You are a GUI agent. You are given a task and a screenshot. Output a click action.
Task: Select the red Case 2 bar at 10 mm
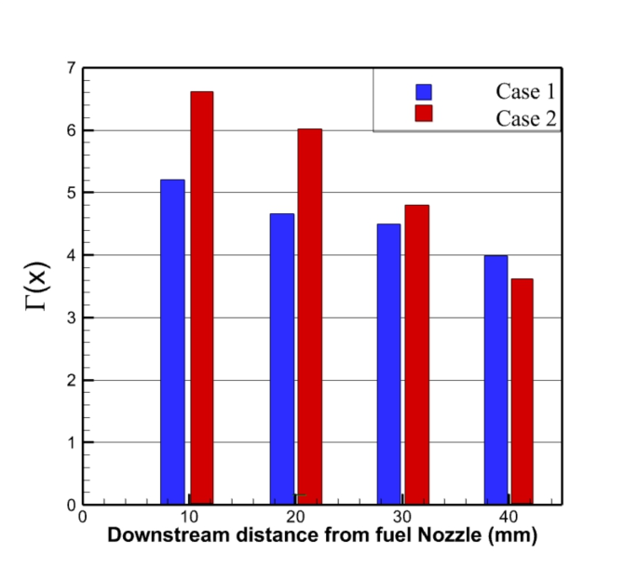pos(202,298)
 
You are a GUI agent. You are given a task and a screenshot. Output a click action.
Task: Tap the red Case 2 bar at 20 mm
pos(310,317)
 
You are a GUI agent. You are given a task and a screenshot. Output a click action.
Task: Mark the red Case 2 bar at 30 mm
pos(417,354)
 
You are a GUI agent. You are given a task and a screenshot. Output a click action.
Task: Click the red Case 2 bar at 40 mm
pos(522,391)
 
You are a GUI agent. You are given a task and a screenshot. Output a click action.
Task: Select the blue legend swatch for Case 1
pos(425,91)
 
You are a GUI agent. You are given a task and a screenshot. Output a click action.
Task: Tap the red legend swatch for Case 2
pos(425,115)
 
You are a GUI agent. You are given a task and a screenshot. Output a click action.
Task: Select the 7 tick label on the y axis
pos(71,68)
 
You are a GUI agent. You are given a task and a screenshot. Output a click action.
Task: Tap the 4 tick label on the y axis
pos(71,255)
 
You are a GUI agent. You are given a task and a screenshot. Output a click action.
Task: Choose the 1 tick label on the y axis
pos(71,442)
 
